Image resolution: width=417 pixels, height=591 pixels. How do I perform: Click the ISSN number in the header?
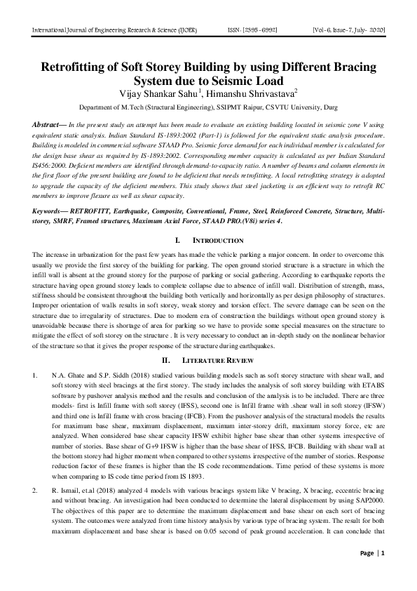[x=255, y=31]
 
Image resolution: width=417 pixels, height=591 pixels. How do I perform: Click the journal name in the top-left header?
[x=114, y=31]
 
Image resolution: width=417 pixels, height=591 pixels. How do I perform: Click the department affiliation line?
[x=207, y=109]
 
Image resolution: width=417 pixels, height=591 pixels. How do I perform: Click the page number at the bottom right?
[x=383, y=573]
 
